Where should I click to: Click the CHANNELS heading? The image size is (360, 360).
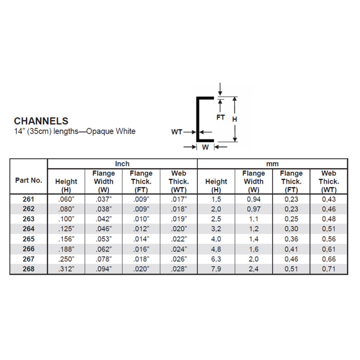pyautogui.click(x=41, y=121)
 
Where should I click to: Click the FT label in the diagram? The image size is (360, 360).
pyautogui.click(x=221, y=117)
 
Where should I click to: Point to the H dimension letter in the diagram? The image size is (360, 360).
pyautogui.click(x=235, y=119)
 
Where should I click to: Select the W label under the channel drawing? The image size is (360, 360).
pyautogui.click(x=205, y=147)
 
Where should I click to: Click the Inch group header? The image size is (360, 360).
pyautogui.click(x=122, y=164)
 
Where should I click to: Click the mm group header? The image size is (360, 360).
pyautogui.click(x=272, y=164)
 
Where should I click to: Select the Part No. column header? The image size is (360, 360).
pyautogui.click(x=29, y=181)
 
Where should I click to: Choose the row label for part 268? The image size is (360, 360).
pyautogui.click(x=29, y=268)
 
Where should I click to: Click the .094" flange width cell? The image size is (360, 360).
pyautogui.click(x=103, y=268)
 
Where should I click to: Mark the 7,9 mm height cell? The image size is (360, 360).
pyautogui.click(x=216, y=268)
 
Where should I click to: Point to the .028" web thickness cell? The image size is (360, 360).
pyautogui.click(x=178, y=268)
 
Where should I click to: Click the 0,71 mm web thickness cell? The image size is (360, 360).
pyautogui.click(x=328, y=268)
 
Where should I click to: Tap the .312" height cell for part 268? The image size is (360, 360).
pyautogui.click(x=66, y=268)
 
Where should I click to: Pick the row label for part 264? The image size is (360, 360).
pyautogui.click(x=29, y=228)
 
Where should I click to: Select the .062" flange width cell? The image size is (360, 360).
pyautogui.click(x=103, y=248)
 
